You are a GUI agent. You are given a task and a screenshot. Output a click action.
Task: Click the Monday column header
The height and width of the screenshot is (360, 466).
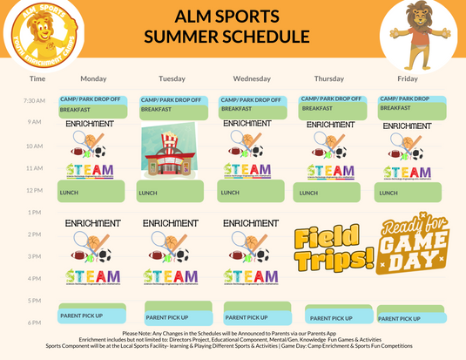93,79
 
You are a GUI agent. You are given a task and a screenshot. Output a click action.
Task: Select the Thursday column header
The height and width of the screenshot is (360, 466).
330,79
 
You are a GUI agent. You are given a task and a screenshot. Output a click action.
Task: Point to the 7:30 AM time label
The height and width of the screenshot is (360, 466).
35,101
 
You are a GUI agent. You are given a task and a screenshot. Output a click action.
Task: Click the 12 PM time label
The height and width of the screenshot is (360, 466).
35,190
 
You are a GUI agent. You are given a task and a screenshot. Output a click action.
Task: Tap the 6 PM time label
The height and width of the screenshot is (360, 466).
35,323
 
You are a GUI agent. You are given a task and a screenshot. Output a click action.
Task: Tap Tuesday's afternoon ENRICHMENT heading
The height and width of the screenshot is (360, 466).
172,223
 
